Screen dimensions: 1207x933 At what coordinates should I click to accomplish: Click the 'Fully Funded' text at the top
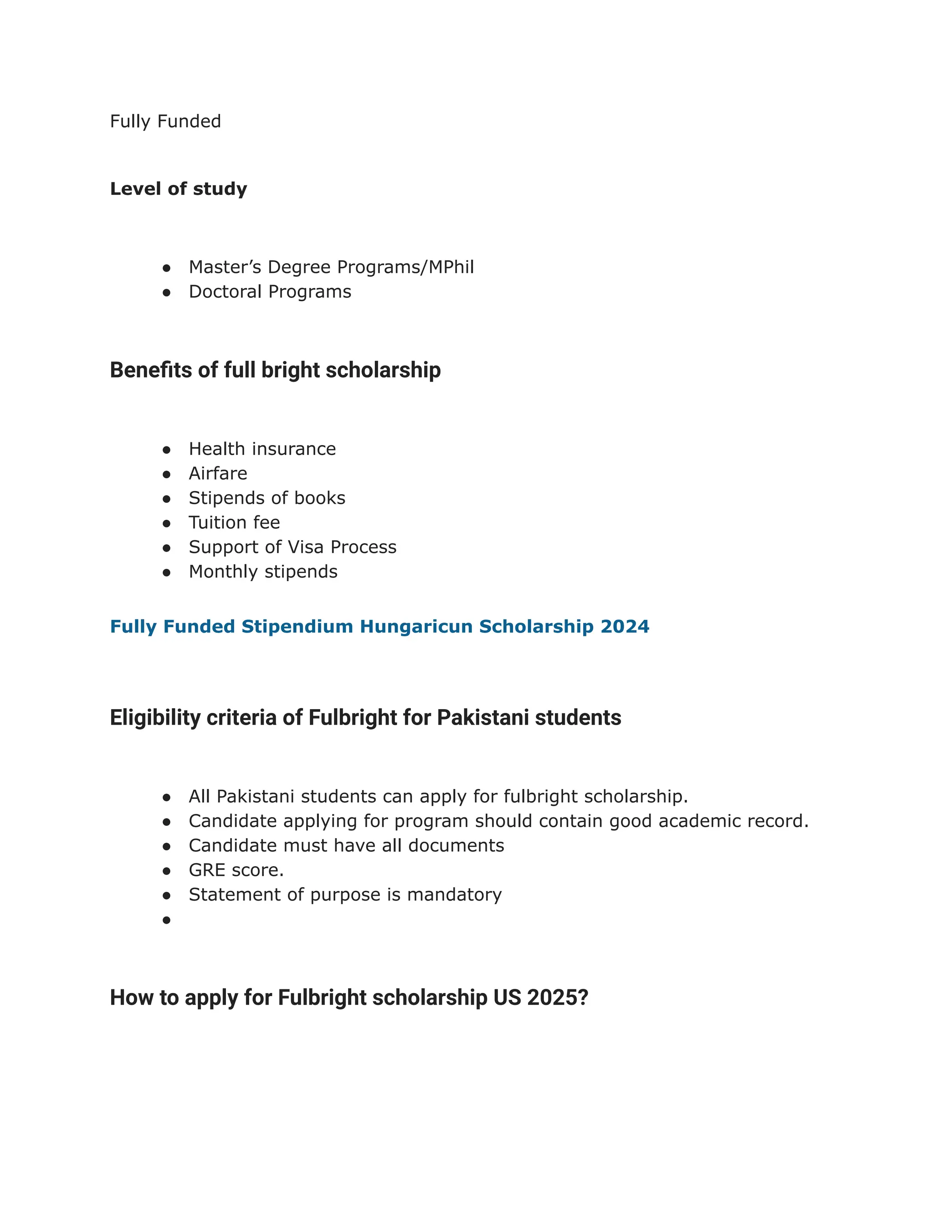click(x=165, y=121)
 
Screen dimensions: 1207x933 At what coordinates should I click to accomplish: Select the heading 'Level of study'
click(x=179, y=189)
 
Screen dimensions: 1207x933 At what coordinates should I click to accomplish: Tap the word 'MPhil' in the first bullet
click(x=451, y=267)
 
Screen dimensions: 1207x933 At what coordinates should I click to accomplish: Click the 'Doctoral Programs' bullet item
click(x=270, y=292)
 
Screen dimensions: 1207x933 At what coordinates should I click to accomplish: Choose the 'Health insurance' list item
click(x=262, y=449)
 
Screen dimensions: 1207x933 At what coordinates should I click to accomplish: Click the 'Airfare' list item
click(x=218, y=474)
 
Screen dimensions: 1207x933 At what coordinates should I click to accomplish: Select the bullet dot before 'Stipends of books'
click(x=166, y=498)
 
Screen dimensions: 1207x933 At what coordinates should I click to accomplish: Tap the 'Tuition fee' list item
click(x=234, y=523)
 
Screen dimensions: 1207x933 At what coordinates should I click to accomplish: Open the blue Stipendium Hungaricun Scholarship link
click(x=379, y=626)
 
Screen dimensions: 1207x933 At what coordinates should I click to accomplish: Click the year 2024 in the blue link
click(x=625, y=626)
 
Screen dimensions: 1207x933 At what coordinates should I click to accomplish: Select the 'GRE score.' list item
click(x=236, y=870)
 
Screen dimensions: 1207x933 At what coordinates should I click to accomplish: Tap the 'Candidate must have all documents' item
click(x=346, y=845)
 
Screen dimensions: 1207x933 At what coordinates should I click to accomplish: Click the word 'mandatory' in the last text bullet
click(x=454, y=895)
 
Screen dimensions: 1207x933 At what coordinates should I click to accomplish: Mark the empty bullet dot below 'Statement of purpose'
click(x=166, y=920)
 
